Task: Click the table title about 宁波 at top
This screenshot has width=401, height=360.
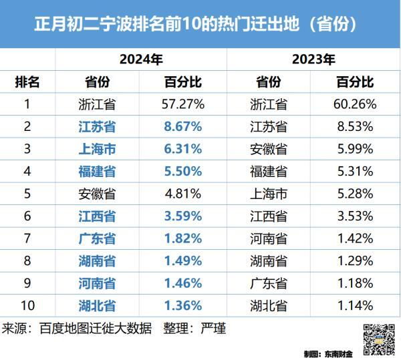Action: click(x=200, y=25)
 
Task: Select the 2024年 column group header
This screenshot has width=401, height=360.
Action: click(x=141, y=59)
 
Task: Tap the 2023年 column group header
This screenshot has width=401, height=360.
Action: click(x=313, y=59)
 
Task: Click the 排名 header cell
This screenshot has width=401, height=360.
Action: click(x=28, y=82)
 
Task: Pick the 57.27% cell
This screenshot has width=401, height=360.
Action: click(x=182, y=104)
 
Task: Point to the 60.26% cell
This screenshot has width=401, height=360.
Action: click(x=355, y=104)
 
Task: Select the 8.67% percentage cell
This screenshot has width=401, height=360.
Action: click(x=182, y=126)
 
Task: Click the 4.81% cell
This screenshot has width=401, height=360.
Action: click(x=182, y=194)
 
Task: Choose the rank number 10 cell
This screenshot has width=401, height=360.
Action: click(x=28, y=305)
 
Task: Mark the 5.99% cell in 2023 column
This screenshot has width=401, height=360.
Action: click(x=355, y=149)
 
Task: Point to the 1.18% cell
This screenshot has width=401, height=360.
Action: click(x=355, y=283)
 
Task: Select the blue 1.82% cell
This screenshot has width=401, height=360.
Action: click(x=182, y=238)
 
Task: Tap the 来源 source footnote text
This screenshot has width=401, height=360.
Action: click(x=114, y=329)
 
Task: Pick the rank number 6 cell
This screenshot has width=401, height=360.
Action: click(x=28, y=216)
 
